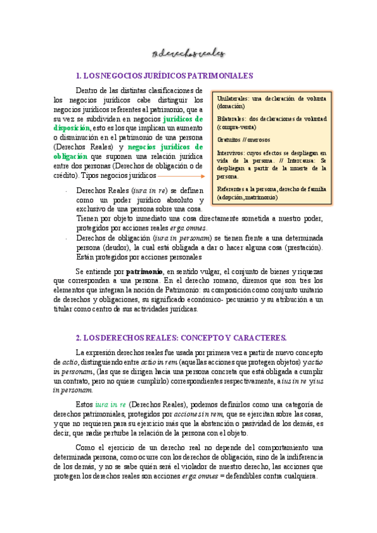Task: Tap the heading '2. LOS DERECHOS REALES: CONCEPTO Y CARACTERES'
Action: [181, 337]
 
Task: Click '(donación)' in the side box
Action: [232, 106]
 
